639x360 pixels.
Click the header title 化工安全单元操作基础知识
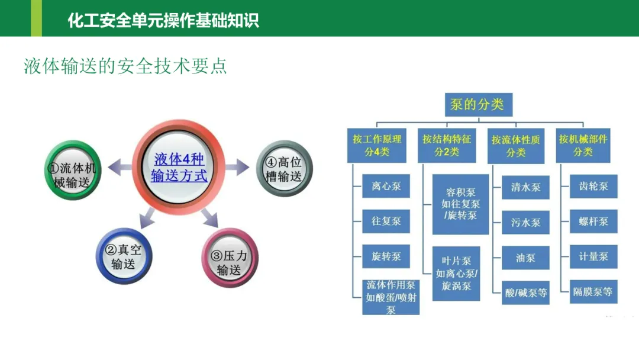coord(163,21)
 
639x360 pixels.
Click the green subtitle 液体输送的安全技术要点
coord(125,66)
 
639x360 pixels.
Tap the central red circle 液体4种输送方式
coord(179,167)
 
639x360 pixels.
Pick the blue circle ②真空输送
coord(124,256)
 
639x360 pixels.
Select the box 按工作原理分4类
coord(377,145)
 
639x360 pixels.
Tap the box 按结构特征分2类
coord(446,145)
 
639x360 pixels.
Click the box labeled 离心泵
coord(386,187)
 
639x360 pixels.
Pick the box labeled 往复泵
coord(386,221)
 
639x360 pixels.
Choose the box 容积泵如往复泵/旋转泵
coord(460,204)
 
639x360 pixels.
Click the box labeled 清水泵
coord(525,187)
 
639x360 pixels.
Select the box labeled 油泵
coord(525,258)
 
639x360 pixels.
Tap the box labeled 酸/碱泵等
coord(525,292)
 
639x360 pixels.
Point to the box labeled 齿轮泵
coord(593,187)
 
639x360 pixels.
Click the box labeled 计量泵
coord(593,257)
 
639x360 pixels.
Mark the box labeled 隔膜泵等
coord(593,292)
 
